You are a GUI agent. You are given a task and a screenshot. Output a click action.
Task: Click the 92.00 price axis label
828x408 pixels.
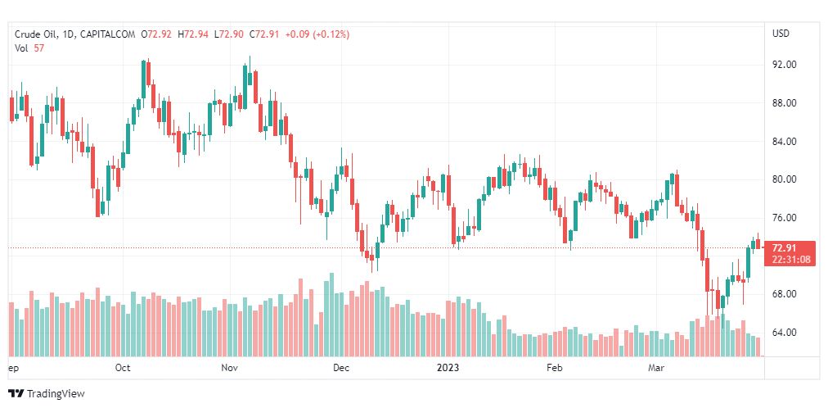[785, 65]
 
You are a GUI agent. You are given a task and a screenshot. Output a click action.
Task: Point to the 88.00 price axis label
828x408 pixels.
[785, 103]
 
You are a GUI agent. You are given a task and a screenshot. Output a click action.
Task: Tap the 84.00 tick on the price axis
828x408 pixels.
[785, 142]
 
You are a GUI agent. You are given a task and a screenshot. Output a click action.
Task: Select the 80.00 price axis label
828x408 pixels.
[785, 179]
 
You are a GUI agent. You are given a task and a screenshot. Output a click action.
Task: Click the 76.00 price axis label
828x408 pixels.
[785, 218]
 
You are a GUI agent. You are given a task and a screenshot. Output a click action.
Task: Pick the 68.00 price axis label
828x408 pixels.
[785, 294]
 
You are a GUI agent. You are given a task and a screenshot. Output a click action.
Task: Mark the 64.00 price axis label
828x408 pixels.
[785, 333]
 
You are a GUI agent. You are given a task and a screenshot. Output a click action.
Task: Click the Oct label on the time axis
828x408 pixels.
[123, 368]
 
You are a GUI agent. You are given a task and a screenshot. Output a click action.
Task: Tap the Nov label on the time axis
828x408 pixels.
[229, 368]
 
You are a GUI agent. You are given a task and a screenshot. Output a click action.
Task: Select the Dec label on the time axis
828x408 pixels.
[341, 368]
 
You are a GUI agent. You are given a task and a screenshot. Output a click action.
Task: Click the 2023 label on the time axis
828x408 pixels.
[448, 368]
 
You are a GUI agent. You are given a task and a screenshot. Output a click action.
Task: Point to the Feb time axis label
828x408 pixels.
[555, 368]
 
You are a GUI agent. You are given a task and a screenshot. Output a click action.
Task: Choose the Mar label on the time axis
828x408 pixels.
[657, 368]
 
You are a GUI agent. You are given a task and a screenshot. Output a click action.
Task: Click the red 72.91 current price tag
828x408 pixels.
[784, 248]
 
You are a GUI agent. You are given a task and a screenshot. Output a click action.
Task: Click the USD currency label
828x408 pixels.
[781, 34]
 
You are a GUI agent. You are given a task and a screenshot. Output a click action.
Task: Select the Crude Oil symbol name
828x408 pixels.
[36, 34]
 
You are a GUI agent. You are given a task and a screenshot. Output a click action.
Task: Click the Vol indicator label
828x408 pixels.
[21, 48]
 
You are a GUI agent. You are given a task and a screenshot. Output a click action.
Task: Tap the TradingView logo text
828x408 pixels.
[55, 394]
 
